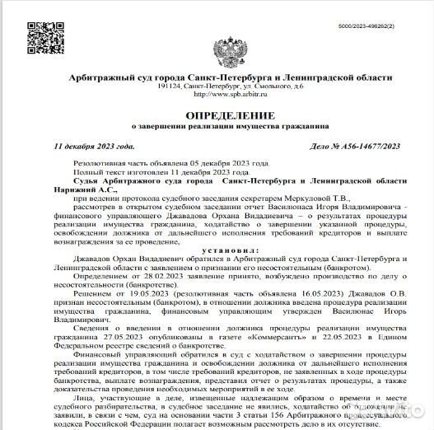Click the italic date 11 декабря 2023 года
tap(93, 146)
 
